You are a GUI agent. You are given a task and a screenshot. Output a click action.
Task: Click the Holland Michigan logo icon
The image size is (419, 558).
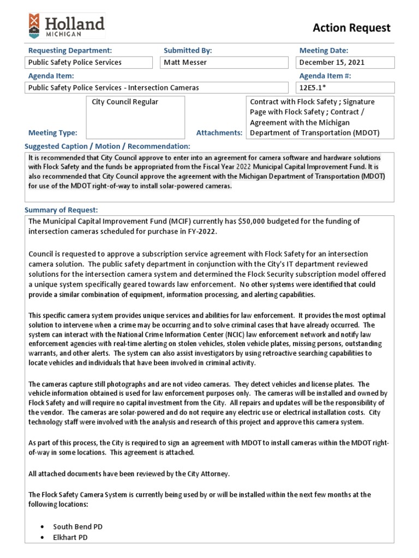[34, 26]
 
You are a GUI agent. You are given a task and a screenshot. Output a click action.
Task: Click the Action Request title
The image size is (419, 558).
[351, 28]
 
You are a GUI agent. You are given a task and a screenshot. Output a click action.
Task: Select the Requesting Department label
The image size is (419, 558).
[70, 50]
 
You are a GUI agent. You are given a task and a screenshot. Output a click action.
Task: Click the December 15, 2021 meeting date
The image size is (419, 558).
[345, 62]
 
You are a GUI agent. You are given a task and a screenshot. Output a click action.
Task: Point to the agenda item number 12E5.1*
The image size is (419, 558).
[345, 87]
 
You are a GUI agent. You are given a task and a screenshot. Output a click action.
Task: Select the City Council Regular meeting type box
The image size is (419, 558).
[135, 117]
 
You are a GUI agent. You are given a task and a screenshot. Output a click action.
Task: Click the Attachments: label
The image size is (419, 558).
[219, 132]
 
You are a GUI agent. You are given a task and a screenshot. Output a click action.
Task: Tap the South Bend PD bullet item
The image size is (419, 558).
[77, 527]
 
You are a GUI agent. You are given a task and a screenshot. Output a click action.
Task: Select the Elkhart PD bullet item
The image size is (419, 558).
[70, 537]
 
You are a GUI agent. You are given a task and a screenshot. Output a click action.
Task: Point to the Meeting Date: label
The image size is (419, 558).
[324, 50]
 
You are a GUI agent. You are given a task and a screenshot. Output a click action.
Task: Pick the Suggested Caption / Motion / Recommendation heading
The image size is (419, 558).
[107, 147]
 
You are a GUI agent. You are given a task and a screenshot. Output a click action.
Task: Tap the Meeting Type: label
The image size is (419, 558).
[52, 132]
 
